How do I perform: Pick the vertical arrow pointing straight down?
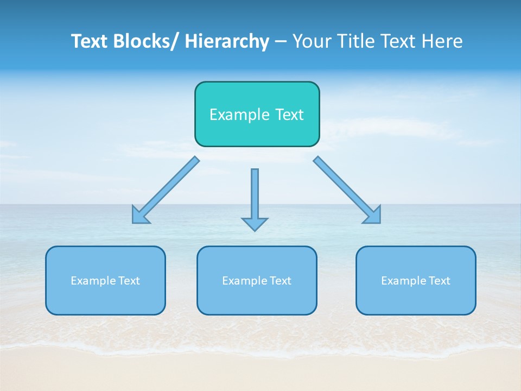[x=255, y=195]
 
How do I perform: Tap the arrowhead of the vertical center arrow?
[x=255, y=224]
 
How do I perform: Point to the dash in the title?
[x=281, y=41]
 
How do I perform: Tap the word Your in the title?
[x=312, y=41]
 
